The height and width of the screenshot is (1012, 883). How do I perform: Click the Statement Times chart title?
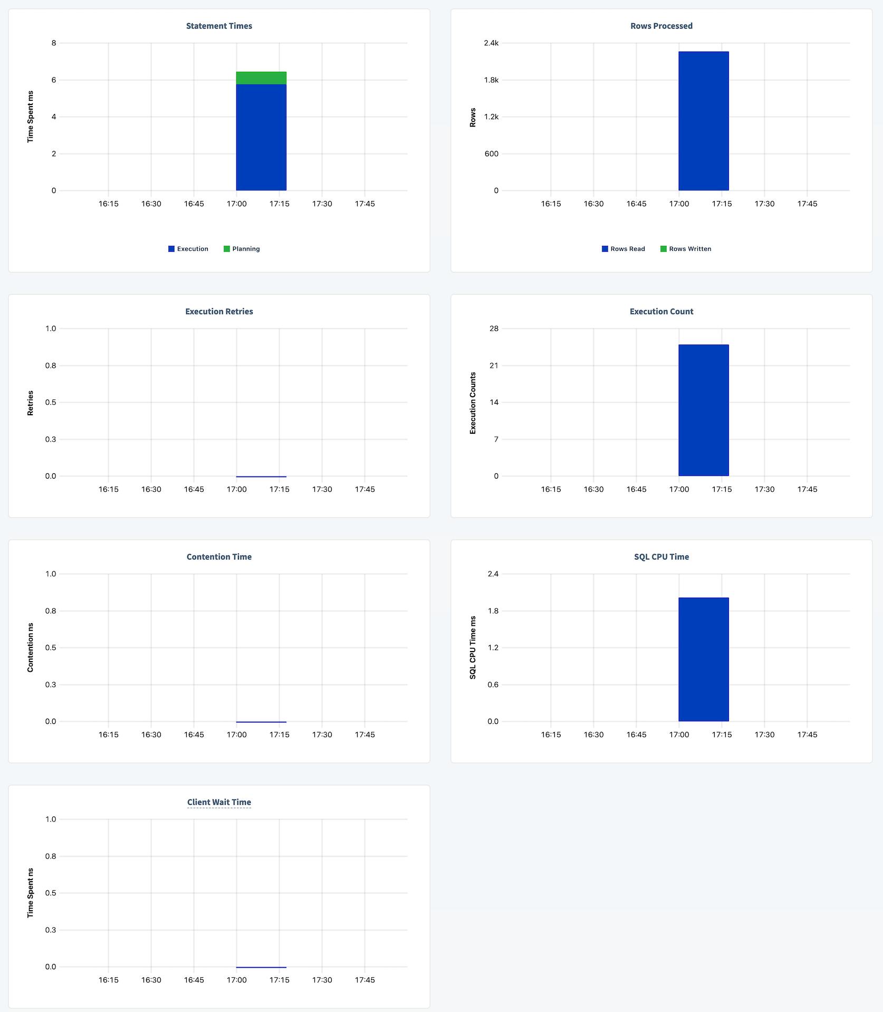219,26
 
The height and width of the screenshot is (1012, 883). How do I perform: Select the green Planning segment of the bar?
261,78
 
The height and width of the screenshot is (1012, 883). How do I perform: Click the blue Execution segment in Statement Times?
261,137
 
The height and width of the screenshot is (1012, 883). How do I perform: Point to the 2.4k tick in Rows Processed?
491,43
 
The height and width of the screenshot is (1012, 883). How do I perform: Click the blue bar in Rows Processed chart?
703,121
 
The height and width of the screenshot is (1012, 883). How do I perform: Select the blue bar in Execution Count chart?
703,410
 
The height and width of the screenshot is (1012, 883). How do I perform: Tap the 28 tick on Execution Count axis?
494,329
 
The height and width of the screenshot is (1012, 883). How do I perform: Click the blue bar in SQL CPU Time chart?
703,660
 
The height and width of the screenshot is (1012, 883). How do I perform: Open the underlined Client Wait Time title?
219,802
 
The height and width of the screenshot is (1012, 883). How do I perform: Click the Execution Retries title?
219,311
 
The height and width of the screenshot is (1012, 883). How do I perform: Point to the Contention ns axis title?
30,647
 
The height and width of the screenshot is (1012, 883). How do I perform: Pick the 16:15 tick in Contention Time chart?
108,734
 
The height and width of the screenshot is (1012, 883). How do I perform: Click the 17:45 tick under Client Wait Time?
364,980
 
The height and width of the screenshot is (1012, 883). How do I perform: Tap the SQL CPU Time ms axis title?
473,647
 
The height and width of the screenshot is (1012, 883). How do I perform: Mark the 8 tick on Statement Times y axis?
54,43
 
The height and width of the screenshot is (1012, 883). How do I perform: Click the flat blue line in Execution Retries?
261,476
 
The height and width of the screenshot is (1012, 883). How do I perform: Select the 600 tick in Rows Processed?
491,154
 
